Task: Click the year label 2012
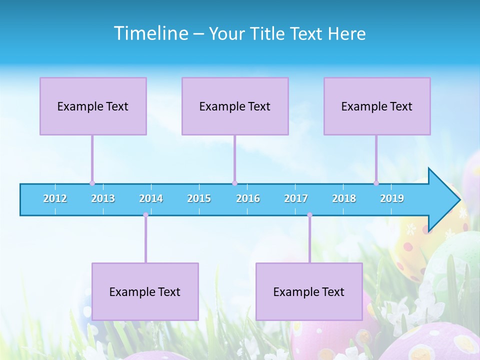55,198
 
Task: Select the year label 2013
103,198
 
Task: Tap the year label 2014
151,198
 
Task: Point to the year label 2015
199,198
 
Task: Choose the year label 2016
248,198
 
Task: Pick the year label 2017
296,198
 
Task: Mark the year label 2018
344,198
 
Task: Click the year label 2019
392,198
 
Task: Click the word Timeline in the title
150,33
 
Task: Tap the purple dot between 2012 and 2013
92,183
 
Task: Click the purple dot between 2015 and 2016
234,183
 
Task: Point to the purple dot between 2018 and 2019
376,183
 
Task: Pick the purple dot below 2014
145,215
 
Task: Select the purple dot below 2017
309,215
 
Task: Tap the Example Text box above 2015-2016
235,106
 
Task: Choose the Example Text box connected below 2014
145,291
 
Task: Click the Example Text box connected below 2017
309,291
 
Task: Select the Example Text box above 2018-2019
377,106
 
